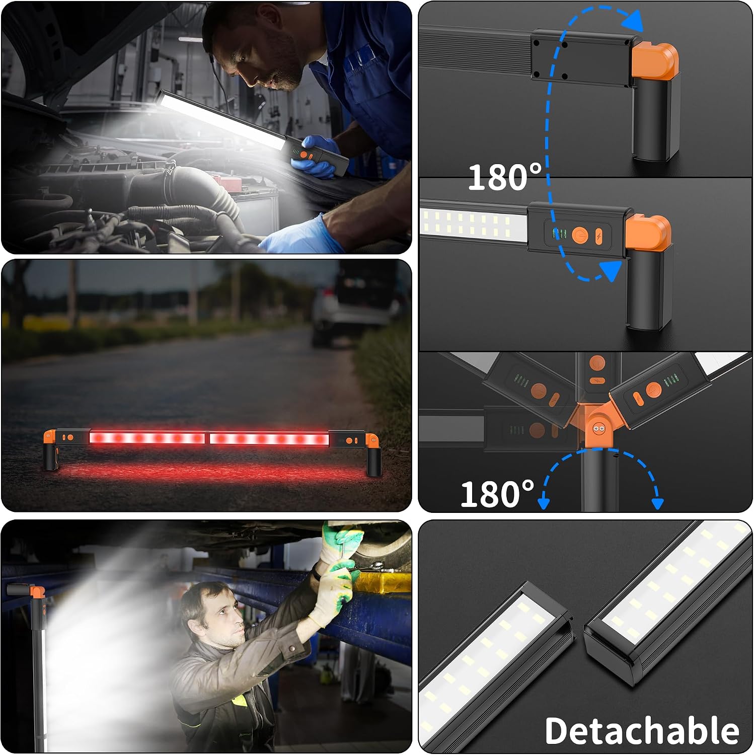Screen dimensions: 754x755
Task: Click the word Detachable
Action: (642, 730)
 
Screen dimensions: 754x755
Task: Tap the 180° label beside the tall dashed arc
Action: (505, 177)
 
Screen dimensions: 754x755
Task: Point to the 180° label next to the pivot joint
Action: (497, 494)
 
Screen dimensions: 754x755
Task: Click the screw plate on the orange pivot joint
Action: (599, 428)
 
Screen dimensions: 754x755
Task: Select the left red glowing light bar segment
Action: (147, 438)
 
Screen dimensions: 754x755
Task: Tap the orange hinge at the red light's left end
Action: (50, 436)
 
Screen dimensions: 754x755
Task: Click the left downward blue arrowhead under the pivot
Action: (544, 502)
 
